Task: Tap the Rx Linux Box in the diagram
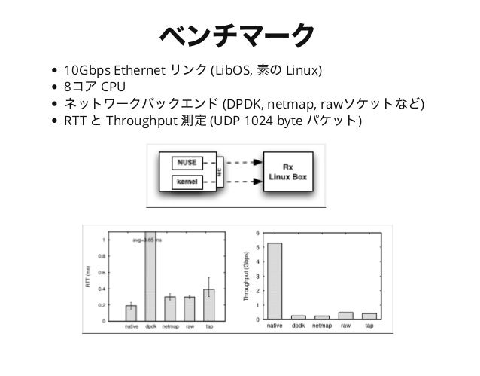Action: [288, 171]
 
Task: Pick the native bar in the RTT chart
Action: [131, 313]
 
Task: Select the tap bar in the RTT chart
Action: [208, 305]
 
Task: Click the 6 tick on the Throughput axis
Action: [258, 232]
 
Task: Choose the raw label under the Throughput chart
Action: [345, 326]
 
